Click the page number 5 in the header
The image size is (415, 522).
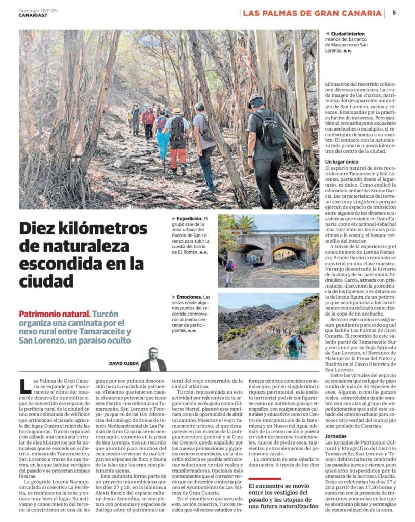pos(394,13)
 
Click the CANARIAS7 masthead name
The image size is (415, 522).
pos(32,14)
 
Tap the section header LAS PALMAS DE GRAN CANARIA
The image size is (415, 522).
pos(312,13)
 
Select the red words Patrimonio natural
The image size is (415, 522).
pos(55,314)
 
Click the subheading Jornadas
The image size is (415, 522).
pos(338,436)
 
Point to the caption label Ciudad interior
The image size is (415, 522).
pos(348,34)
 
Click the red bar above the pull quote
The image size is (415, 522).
pos(265,478)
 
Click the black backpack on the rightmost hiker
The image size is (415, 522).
pos(269,130)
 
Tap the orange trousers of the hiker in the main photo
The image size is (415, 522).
pos(178,159)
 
